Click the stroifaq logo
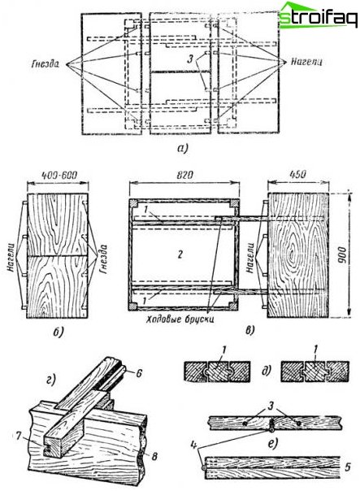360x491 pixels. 318,15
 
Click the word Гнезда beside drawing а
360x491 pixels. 45,63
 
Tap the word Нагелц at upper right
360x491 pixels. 306,62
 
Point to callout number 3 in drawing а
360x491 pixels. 191,59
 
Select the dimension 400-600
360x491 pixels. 58,175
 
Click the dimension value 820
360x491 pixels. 184,175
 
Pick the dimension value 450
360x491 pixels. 297,174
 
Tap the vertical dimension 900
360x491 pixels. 342,255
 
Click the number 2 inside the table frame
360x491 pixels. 180,254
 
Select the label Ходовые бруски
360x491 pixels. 180,319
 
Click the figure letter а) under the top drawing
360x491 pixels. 182,148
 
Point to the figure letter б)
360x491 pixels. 58,332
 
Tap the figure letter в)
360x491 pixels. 249,330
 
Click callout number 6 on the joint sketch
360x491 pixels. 139,373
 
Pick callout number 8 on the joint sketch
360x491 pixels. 154,457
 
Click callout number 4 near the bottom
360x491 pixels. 194,445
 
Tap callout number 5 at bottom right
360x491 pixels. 348,467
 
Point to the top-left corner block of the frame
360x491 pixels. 133,203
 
